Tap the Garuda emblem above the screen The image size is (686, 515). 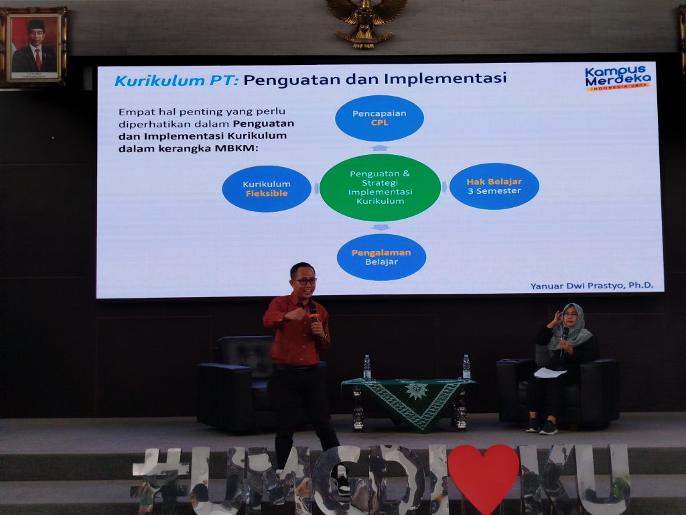coord(366,21)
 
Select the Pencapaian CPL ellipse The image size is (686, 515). coord(379,118)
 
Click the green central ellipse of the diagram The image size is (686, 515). coord(380,187)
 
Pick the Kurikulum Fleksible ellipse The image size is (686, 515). coord(266,188)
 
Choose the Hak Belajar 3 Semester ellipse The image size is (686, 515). coord(494,186)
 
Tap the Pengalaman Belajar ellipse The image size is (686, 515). coord(381,257)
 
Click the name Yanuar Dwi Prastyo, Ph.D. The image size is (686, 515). coord(586,286)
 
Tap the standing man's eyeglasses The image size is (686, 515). coord(304,282)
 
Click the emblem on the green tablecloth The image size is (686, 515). coord(416,390)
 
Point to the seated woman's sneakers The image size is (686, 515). coord(541,426)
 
